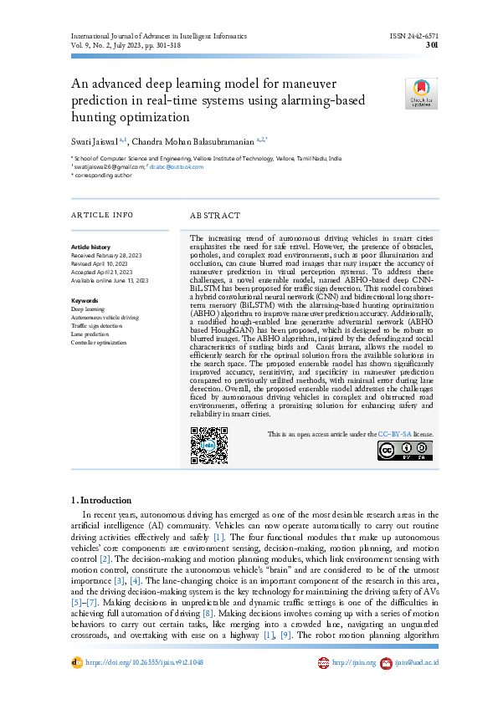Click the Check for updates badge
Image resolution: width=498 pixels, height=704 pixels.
tap(422, 94)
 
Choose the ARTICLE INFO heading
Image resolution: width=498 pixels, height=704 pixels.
tap(101, 215)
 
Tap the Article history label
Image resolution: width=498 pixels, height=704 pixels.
tap(90, 247)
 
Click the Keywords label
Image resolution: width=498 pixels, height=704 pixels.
tap(85, 300)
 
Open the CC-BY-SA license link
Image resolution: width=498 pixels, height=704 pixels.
tap(393, 435)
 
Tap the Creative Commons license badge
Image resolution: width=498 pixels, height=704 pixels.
tap(405, 451)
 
